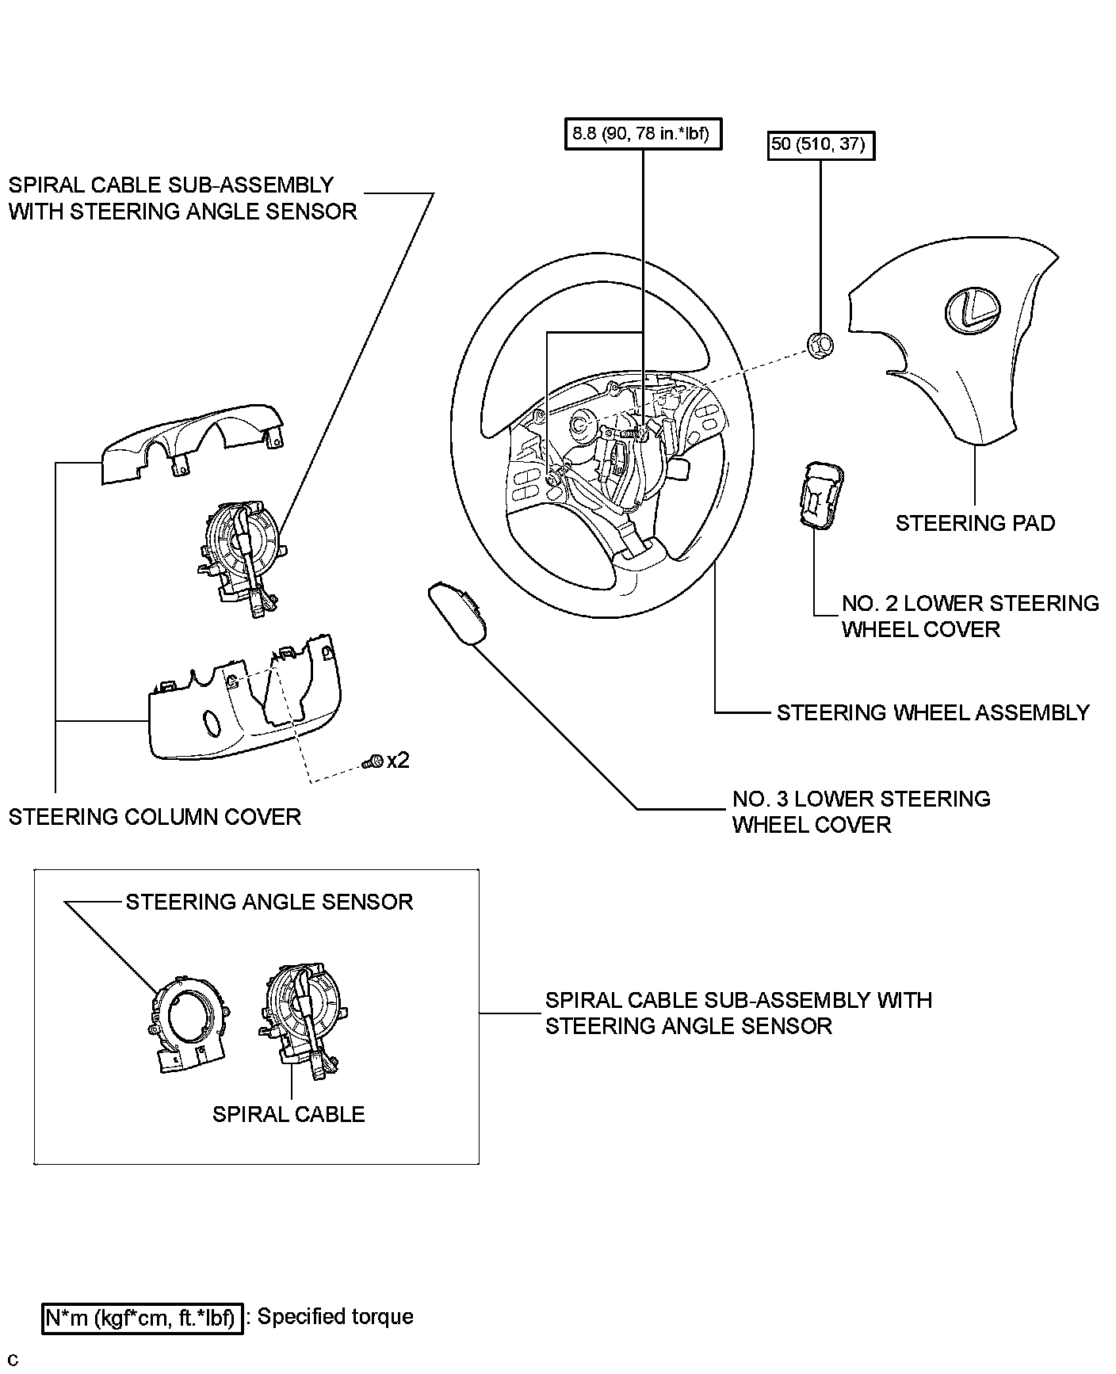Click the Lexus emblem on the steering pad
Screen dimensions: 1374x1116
(x=972, y=308)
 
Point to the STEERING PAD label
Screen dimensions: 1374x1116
(x=975, y=523)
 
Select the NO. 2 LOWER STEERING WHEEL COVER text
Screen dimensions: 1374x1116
(x=969, y=616)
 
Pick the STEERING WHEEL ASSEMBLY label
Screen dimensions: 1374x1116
(x=932, y=712)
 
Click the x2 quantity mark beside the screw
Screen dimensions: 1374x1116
(x=398, y=761)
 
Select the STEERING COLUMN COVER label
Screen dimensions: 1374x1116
(x=155, y=816)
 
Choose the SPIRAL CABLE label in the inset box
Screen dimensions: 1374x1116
(x=289, y=1114)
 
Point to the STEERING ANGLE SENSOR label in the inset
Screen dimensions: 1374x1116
(x=269, y=902)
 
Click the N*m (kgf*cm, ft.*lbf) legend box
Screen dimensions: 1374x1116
(x=141, y=1317)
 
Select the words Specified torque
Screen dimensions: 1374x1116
(x=335, y=1316)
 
